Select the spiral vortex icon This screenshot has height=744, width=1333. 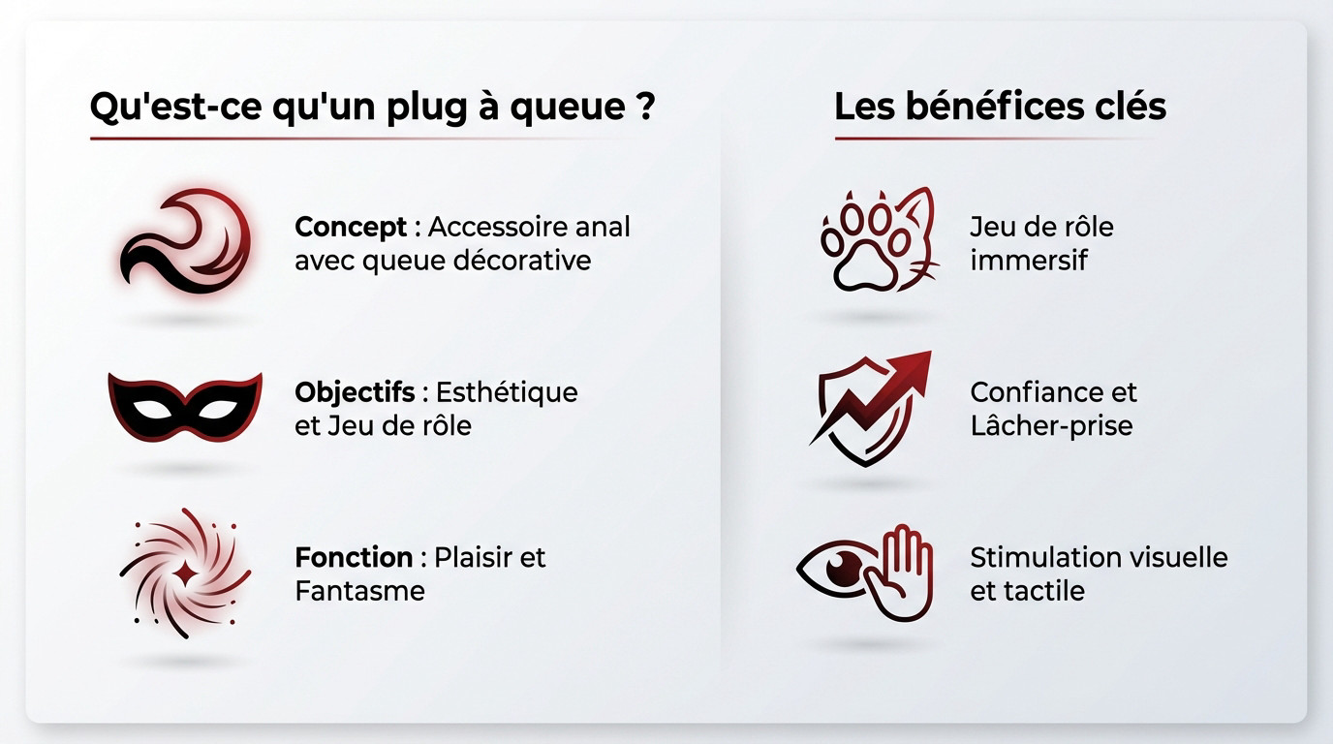tap(184, 573)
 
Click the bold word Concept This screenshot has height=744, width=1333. tap(351, 227)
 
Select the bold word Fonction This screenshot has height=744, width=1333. tap(354, 558)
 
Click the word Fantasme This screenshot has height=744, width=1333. tap(359, 591)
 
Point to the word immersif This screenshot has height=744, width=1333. tap(1029, 260)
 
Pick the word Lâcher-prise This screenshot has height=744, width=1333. tap(1051, 426)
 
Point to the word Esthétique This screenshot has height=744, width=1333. tap(507, 392)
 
